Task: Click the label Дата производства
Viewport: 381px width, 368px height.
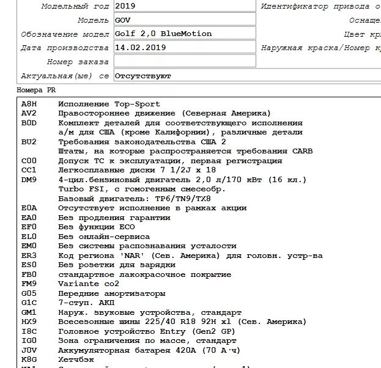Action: tap(65, 48)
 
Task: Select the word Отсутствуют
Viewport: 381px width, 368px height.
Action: tap(142, 76)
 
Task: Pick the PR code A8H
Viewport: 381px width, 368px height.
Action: tap(29, 105)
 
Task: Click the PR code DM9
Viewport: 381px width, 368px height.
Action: tap(29, 180)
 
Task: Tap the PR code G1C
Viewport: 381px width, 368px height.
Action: tap(29, 303)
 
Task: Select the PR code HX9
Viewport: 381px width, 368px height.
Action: tap(29, 322)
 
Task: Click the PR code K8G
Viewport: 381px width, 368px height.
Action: tap(29, 359)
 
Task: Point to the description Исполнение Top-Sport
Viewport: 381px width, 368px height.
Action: tap(109, 105)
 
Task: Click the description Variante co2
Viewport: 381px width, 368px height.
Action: tap(89, 284)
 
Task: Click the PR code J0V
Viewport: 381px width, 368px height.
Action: tap(29, 350)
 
